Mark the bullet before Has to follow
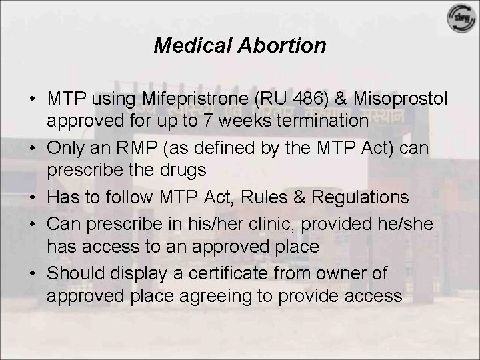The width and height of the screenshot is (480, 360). point(32,198)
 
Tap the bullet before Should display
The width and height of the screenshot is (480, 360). point(32,274)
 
